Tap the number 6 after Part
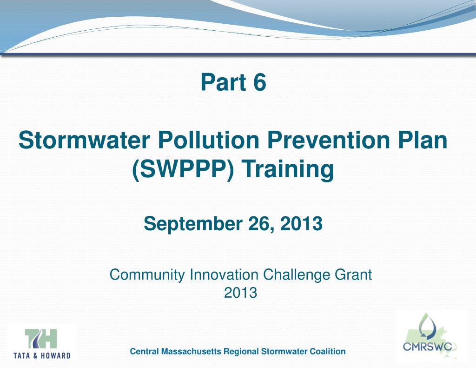tap(259, 83)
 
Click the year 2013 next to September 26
tap(301, 224)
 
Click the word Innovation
tap(224, 275)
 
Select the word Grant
tap(353, 275)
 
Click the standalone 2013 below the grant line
tap(240, 293)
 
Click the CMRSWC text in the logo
tap(427, 347)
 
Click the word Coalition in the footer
tap(328, 352)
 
